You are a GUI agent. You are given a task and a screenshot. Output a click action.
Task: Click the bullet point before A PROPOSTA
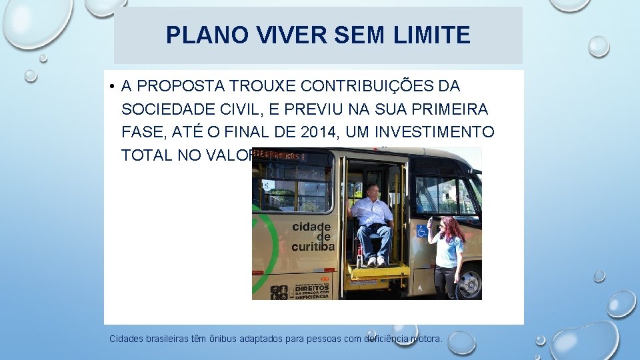click(114, 87)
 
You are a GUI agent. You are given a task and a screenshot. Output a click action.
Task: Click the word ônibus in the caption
click(224, 339)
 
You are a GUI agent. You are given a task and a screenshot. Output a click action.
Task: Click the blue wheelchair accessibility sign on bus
click(421, 231)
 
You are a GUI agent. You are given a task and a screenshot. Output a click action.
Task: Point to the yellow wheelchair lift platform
click(379, 270)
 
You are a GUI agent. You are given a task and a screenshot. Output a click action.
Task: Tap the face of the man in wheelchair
click(372, 191)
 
